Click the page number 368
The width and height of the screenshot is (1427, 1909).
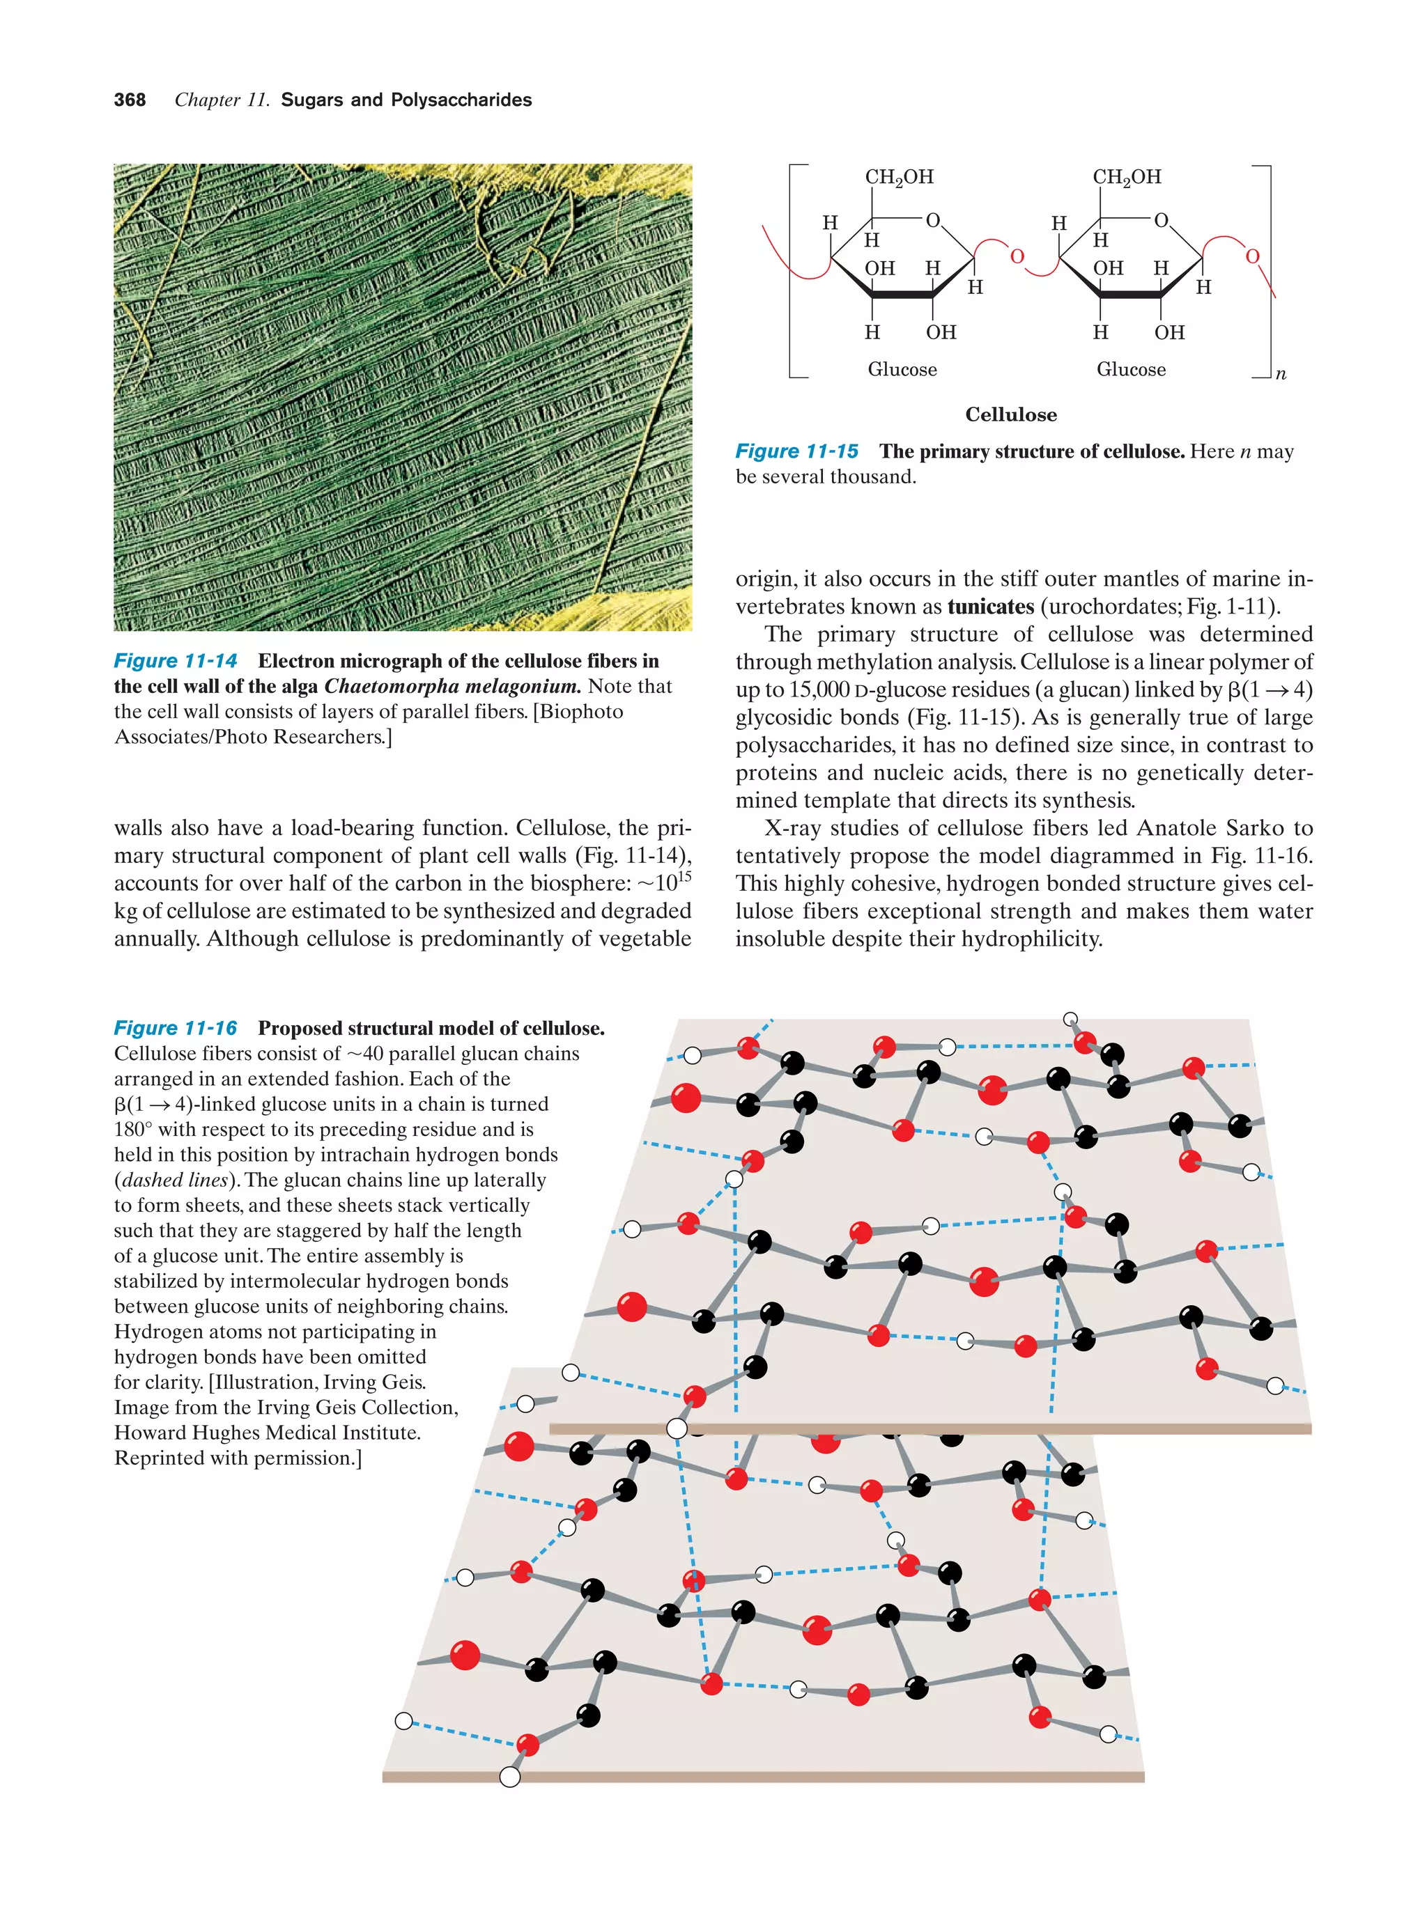(x=130, y=100)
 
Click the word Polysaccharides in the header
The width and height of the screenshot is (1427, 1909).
(x=461, y=100)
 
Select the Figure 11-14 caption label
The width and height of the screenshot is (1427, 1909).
(x=176, y=661)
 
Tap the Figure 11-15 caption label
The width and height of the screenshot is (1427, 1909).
(x=796, y=451)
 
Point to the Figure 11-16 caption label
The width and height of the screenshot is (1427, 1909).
(x=176, y=1028)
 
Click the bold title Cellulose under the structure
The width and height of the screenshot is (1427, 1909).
(x=1010, y=414)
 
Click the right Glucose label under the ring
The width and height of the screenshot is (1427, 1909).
(x=1130, y=369)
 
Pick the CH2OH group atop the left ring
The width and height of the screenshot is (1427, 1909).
(x=899, y=178)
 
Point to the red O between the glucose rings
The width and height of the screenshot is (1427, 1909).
(x=1016, y=256)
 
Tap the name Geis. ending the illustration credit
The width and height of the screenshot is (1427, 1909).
(x=404, y=1382)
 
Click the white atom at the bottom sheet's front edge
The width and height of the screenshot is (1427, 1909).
(x=510, y=1776)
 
